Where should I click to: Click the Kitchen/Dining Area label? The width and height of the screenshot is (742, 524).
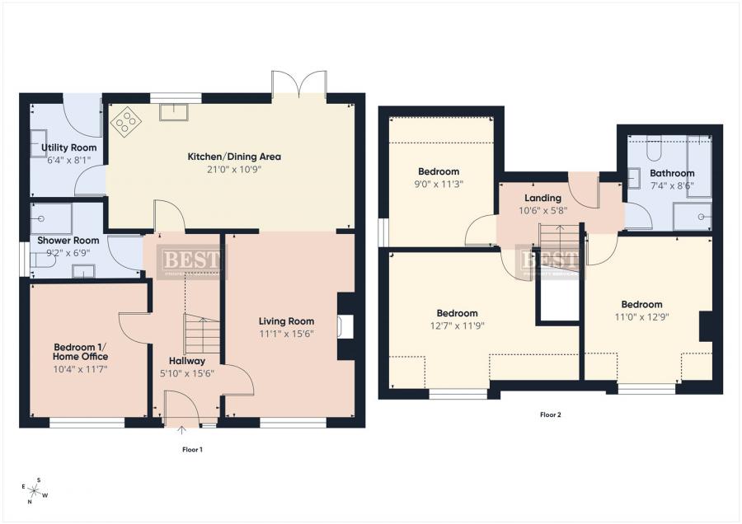(234, 156)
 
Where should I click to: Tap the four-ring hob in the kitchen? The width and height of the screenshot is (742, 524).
(126, 123)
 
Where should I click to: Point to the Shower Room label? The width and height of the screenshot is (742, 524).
(68, 241)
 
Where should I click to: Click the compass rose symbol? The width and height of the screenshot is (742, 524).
(35, 489)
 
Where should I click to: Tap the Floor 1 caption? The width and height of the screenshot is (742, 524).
(192, 449)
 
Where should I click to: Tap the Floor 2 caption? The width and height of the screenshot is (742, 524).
(550, 414)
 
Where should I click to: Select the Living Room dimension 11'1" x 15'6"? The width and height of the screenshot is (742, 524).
(286, 334)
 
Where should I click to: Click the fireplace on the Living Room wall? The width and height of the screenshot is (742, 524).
(347, 327)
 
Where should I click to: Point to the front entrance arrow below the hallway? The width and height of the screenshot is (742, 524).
(181, 428)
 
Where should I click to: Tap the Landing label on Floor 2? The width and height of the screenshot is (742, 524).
(542, 198)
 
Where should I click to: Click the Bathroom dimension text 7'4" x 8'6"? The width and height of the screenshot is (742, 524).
(671, 186)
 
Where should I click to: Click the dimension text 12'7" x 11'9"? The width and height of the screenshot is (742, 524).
(457, 325)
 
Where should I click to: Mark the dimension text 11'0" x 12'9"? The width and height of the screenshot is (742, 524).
(641, 317)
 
